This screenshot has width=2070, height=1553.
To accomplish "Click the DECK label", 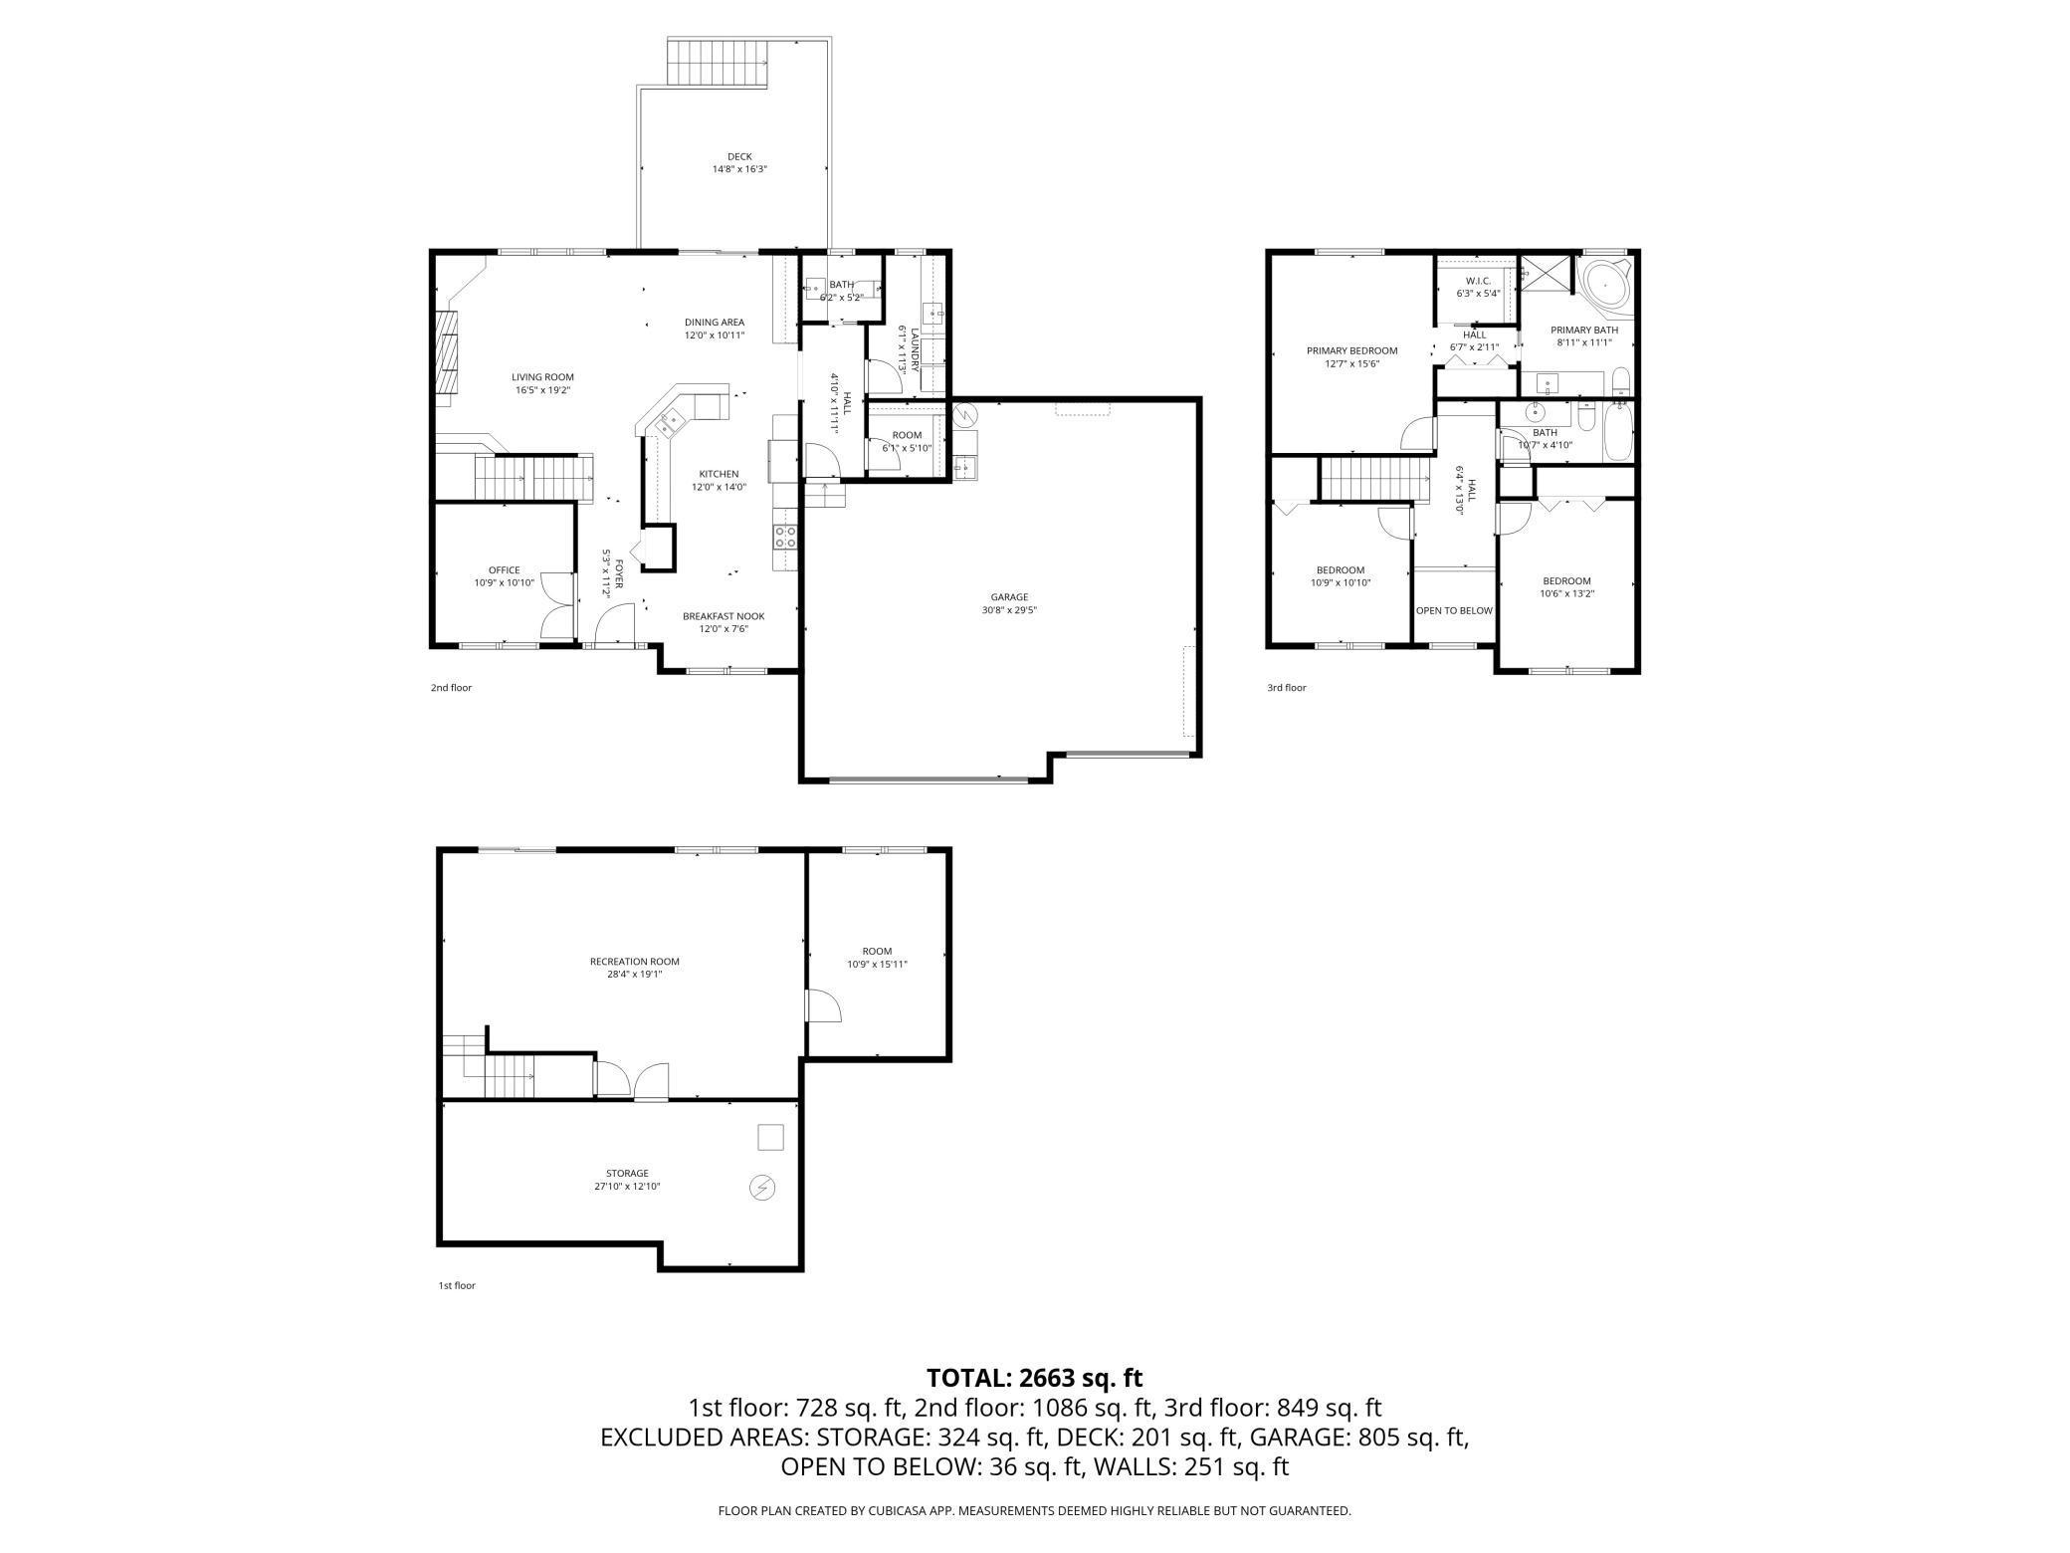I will [x=739, y=156].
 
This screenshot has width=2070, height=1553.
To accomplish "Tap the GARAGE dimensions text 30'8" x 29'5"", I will [x=1009, y=610].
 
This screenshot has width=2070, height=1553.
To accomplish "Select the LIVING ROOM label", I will [x=542, y=377].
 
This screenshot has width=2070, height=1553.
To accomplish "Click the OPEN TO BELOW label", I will [x=1454, y=610].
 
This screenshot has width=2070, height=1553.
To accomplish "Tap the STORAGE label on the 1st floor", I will [x=627, y=1173].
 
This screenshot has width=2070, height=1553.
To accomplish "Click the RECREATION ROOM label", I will [x=634, y=962].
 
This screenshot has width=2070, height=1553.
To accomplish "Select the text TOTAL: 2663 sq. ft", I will [x=1034, y=1378].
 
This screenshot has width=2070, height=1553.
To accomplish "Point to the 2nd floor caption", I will [x=451, y=688].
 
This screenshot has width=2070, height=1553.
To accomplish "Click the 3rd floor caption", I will [x=1286, y=688].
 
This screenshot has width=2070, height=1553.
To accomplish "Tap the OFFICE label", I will [x=504, y=570].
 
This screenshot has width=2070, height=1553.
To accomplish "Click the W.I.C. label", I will [x=1478, y=281].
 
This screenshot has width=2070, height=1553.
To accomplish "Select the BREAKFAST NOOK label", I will [x=724, y=616].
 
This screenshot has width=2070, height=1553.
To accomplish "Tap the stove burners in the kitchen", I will [x=785, y=538].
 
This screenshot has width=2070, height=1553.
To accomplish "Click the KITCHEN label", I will [x=719, y=474].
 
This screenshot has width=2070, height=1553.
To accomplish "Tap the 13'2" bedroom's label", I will [x=1566, y=581].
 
